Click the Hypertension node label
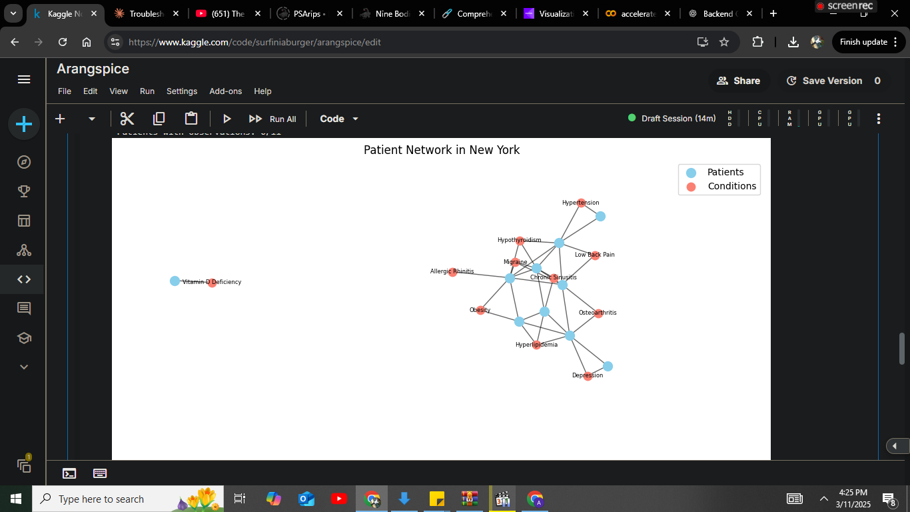pyautogui.click(x=580, y=203)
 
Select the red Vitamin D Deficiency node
pyautogui.click(x=212, y=283)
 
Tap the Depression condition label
pyautogui.click(x=587, y=375)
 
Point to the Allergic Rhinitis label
pyautogui.click(x=452, y=271)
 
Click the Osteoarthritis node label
pyautogui.click(x=598, y=313)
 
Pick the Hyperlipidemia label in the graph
pyautogui.click(x=536, y=345)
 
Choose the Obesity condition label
pyautogui.click(x=480, y=310)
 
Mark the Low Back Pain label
pyautogui.click(x=594, y=255)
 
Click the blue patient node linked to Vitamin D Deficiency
pyautogui.click(x=175, y=281)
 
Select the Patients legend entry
pyautogui.click(x=725, y=172)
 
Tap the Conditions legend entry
pyautogui.click(x=731, y=186)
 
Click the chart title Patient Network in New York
pyautogui.click(x=442, y=150)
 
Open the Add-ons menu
pyautogui.click(x=226, y=91)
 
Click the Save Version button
pyautogui.click(x=832, y=81)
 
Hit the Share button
pyautogui.click(x=738, y=81)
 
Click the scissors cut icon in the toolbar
pyautogui.click(x=127, y=119)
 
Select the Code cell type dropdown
pyautogui.click(x=339, y=119)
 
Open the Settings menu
pyautogui.click(x=182, y=91)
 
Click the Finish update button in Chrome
pyautogui.click(x=863, y=42)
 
